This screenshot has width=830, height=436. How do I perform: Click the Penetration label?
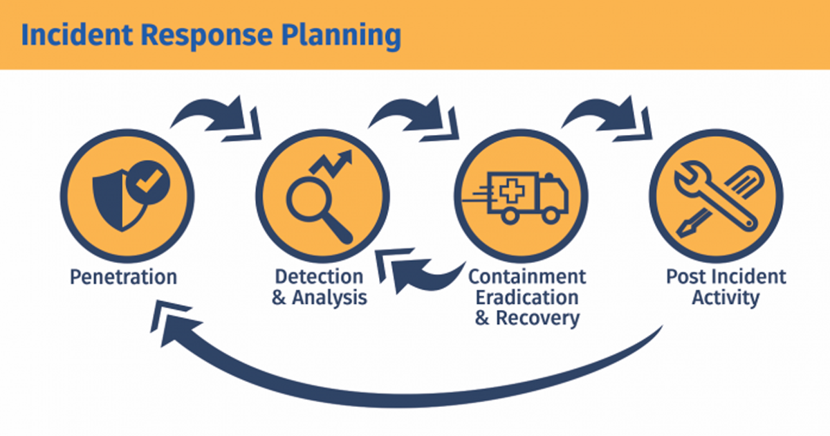point(123,278)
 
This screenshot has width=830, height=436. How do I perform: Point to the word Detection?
point(319,276)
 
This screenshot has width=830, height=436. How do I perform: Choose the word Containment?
point(527,276)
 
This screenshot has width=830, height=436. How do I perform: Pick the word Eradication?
point(527,298)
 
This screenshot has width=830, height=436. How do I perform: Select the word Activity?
point(726,298)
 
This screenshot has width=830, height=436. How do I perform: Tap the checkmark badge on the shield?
point(147,183)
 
